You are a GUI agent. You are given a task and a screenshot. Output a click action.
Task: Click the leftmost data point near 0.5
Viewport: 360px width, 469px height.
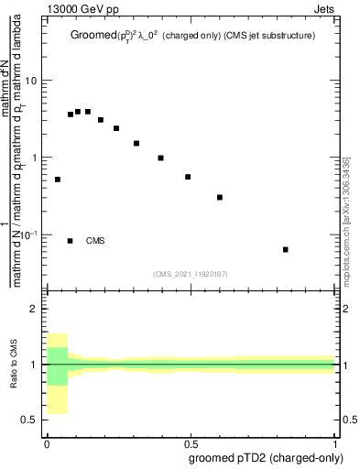tap(58, 180)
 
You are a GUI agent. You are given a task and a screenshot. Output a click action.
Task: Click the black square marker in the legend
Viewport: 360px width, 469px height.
tap(71, 241)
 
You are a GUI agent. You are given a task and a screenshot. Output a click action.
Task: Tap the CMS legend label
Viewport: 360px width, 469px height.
tap(95, 241)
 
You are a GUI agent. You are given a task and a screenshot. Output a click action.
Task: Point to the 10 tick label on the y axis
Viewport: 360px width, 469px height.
tap(30, 81)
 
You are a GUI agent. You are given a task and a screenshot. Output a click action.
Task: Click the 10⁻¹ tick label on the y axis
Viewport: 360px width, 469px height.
tap(28, 235)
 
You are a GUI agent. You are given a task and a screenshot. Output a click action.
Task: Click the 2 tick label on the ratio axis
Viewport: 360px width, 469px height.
tap(34, 310)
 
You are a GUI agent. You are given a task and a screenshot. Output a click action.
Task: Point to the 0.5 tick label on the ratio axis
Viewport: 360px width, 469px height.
tap(29, 420)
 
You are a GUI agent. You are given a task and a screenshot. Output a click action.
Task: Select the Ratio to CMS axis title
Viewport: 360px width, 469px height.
tap(15, 365)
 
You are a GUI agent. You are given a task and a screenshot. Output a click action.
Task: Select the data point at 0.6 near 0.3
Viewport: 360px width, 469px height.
tap(220, 197)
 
